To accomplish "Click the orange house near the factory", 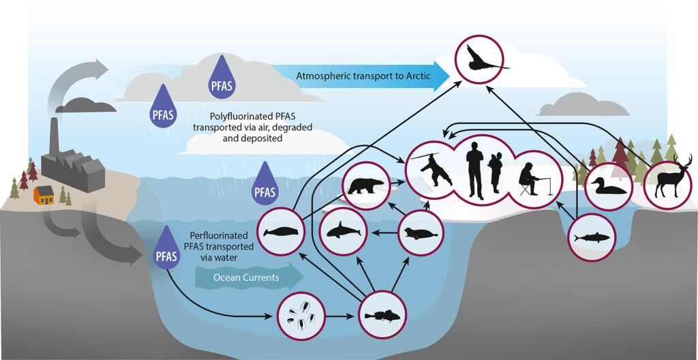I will point(44,195).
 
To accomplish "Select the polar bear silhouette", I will point(367,185).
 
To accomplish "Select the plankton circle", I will point(301,318).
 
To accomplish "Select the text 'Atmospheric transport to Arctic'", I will point(363,76).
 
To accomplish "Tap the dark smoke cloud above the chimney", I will point(86,106).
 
